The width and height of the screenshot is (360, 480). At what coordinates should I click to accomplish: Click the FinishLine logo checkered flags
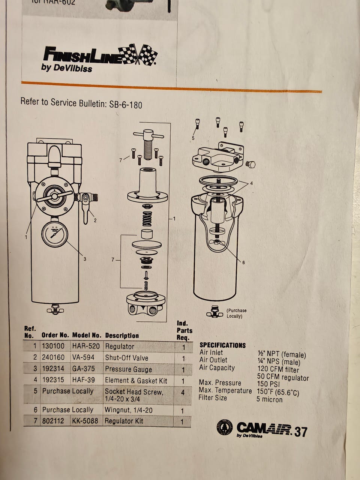pyautogui.click(x=138, y=54)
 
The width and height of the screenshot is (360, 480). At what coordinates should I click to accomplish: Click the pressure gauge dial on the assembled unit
pyautogui.click(x=55, y=234)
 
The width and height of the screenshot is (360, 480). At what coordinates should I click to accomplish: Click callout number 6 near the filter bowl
pyautogui.click(x=243, y=262)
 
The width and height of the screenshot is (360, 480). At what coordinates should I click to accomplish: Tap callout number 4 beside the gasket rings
pyautogui.click(x=251, y=183)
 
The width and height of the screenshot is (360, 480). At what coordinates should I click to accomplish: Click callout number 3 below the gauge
pyautogui.click(x=85, y=259)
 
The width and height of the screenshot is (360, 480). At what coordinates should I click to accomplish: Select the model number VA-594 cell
pyautogui.click(x=83, y=357)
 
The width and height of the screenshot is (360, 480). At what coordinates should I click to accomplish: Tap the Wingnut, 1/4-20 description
pyautogui.click(x=129, y=409)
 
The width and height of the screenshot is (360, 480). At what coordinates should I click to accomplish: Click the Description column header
pyautogui.click(x=122, y=336)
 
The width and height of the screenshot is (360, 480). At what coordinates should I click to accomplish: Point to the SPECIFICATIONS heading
pyautogui.click(x=222, y=345)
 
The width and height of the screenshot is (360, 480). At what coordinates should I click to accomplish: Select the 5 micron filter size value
pyautogui.click(x=269, y=399)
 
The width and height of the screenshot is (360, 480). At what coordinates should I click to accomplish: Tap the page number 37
pyautogui.click(x=301, y=432)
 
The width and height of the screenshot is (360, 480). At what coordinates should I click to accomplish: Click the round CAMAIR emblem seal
pyautogui.click(x=225, y=427)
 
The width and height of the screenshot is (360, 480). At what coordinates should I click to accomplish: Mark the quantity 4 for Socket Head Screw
pyautogui.click(x=183, y=393)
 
